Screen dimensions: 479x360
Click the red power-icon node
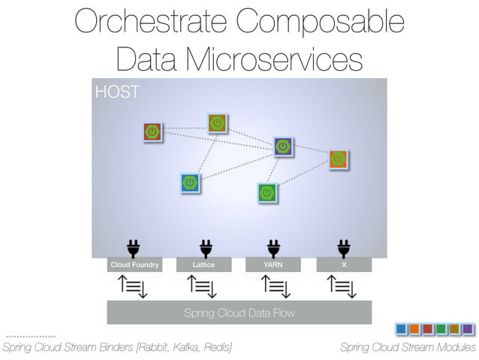[x=153, y=132]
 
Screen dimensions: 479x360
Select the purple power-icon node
[x=283, y=147]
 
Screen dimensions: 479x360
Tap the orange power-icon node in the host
[x=339, y=159]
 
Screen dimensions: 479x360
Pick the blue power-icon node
[x=191, y=183]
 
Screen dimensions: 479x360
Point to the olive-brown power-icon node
[x=218, y=123]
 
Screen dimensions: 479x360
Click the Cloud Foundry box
[x=134, y=265]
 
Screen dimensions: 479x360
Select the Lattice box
[x=203, y=265]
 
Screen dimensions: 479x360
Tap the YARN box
[x=273, y=265]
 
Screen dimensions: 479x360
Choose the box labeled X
[x=344, y=265]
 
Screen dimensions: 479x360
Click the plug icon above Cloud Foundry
[x=134, y=247]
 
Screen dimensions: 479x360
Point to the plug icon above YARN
[x=274, y=247]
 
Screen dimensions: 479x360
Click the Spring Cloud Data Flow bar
[x=239, y=313]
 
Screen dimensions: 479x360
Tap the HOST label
[x=116, y=92]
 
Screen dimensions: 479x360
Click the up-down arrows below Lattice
[x=203, y=286]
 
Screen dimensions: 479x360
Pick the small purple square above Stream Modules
[x=467, y=329]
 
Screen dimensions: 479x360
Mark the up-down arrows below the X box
[x=343, y=286]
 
